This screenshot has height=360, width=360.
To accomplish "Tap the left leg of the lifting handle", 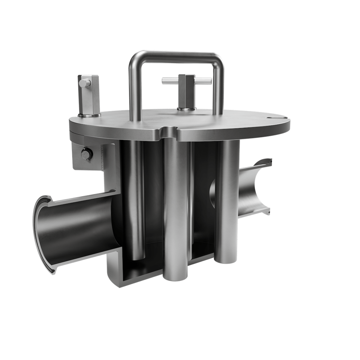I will point(132,91).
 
